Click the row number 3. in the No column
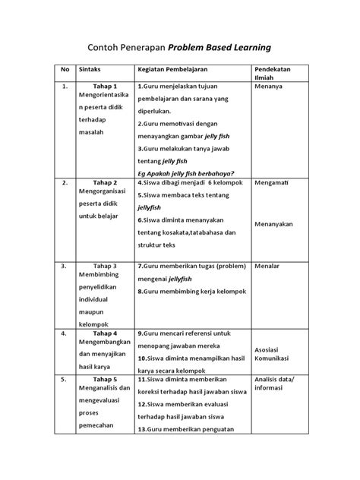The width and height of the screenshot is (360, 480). click(65, 267)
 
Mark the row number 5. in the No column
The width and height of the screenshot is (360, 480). click(65, 378)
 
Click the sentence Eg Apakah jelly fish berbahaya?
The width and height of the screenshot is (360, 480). click(186, 172)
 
